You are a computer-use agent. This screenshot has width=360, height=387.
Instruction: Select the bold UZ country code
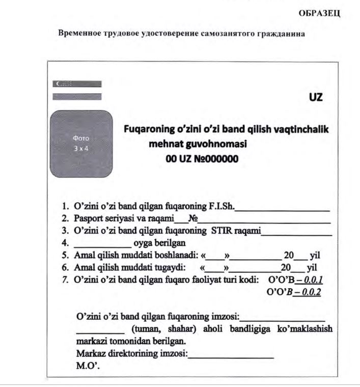point(316,97)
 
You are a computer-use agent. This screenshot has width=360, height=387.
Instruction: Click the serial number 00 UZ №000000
point(202,158)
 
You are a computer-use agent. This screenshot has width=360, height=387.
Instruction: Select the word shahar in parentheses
point(178,329)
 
